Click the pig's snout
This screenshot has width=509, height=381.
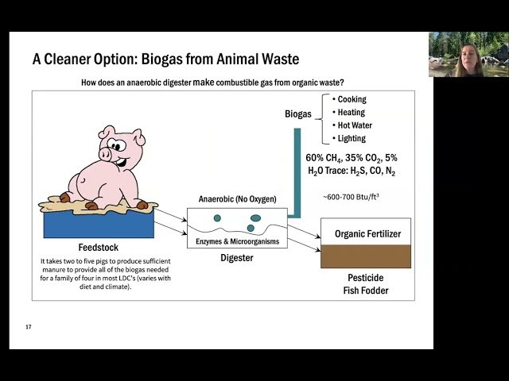click(x=107, y=153)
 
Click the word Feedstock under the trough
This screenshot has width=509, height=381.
click(x=99, y=248)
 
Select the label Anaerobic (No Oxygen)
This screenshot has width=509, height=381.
click(x=238, y=200)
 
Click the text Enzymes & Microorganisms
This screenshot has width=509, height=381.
click(x=238, y=241)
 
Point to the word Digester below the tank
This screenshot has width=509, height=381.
click(x=238, y=258)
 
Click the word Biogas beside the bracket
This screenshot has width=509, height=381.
click(x=298, y=114)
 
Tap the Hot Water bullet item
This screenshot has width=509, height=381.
click(x=355, y=125)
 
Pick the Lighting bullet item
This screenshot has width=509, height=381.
click(x=352, y=139)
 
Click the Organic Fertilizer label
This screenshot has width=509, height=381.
click(x=367, y=233)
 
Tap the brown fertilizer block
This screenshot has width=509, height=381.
click(x=366, y=256)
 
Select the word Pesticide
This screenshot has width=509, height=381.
click(x=367, y=278)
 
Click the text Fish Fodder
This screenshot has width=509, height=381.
click(x=367, y=291)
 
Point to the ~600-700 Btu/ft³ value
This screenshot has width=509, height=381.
click(x=351, y=196)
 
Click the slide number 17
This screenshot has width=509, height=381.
click(x=29, y=327)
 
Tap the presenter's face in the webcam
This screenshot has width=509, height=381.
click(x=461, y=57)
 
